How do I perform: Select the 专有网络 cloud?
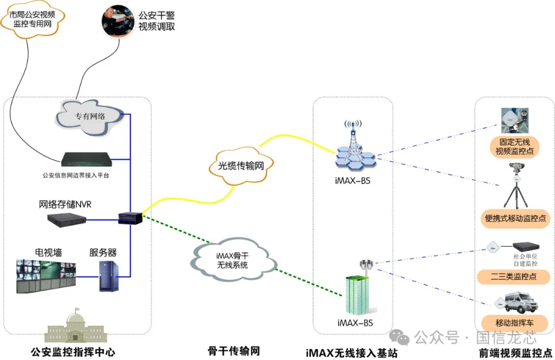(90, 116)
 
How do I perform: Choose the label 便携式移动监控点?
(516, 219)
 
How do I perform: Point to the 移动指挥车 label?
(514, 323)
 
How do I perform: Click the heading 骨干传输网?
(234, 351)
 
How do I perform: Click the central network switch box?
(126, 218)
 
